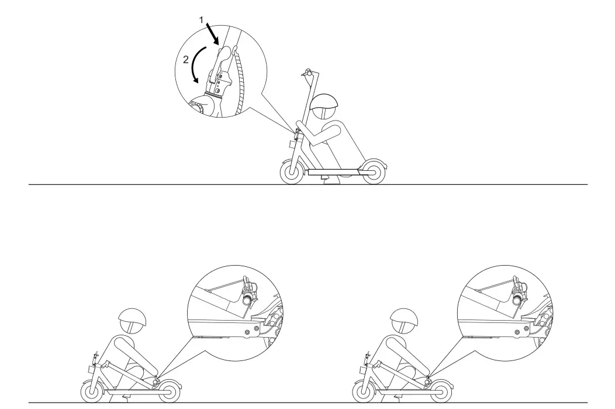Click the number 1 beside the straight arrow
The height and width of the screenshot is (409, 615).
pyautogui.click(x=201, y=19)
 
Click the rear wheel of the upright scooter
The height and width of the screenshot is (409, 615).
pyautogui.click(x=373, y=172)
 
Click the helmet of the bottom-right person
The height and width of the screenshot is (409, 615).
pyautogui.click(x=403, y=321)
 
